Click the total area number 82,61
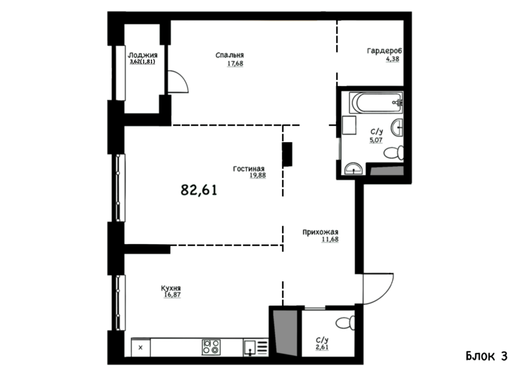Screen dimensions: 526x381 coord(199,190)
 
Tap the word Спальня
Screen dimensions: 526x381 coord(230,55)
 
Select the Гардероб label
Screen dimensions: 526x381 coord(384,51)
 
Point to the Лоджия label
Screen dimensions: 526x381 coord(143,55)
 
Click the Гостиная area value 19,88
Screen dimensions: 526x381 coord(258,175)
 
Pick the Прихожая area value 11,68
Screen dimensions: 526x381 coord(330,239)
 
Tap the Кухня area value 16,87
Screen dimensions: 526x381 coord(172,295)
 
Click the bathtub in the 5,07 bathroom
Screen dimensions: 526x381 coord(375,103)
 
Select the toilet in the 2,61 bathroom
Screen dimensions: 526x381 coord(345,323)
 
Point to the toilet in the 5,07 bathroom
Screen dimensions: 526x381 coord(393,153)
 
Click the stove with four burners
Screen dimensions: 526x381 coord(211,347)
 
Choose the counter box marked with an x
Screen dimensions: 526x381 coord(141,348)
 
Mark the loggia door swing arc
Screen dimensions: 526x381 coord(183,79)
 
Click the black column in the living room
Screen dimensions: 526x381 coord(287,154)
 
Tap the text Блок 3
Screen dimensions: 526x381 coord(486,356)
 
